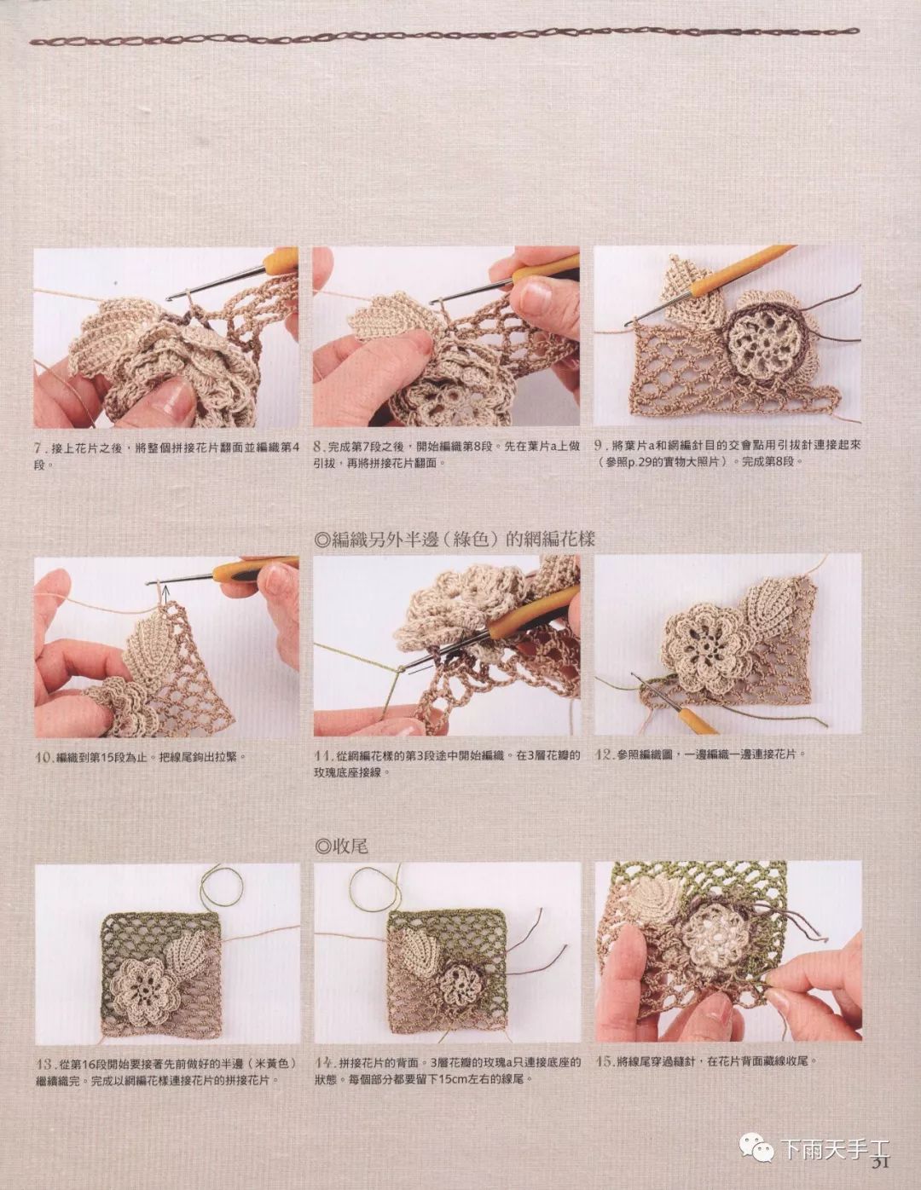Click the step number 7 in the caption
pos(38,448)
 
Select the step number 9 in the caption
pos(600,445)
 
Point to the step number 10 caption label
pos(43,757)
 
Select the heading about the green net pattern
pos(455,540)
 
